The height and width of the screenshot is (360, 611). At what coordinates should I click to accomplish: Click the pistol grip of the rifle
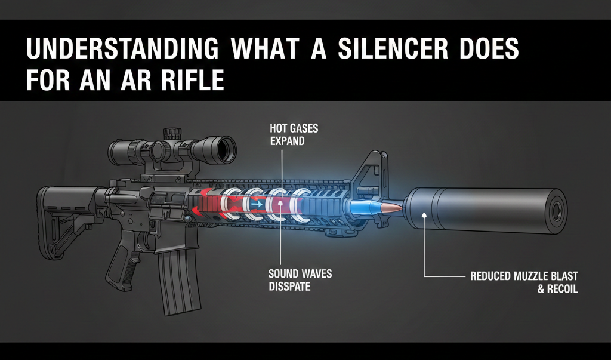tap(128, 247)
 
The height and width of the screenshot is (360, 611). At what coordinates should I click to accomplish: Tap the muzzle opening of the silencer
tap(558, 211)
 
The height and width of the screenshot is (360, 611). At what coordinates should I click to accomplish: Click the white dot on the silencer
tap(423, 214)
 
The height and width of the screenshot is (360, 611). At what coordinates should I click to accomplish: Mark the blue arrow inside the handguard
tap(255, 204)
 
